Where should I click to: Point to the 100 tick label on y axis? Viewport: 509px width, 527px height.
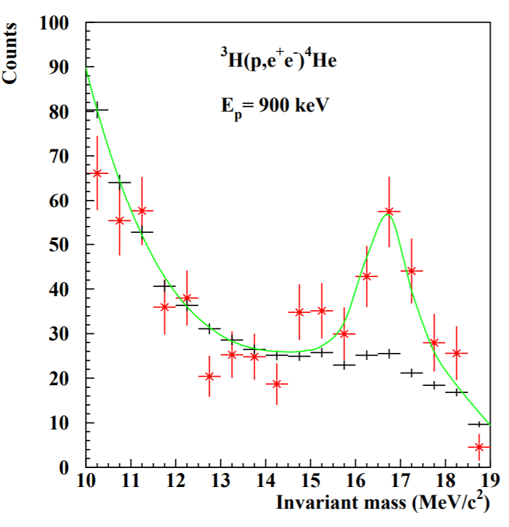click(55, 24)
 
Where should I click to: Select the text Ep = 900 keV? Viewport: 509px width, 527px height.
click(272, 107)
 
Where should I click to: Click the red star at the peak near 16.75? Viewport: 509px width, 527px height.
click(389, 211)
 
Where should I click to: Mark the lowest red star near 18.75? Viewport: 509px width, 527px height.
click(479, 447)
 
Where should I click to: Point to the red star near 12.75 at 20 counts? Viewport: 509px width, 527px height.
click(209, 376)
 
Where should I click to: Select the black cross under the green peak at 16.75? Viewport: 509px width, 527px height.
click(389, 354)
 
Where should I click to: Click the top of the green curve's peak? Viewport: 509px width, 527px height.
click(388, 214)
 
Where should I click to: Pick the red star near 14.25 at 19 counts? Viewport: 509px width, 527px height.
click(276, 384)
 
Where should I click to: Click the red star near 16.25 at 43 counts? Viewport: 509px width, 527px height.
click(366, 276)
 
